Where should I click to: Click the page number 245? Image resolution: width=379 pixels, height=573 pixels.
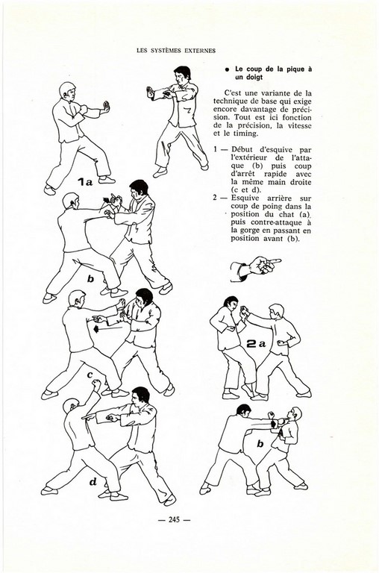[174, 519]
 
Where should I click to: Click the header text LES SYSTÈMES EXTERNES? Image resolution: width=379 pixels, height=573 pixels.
[176, 51]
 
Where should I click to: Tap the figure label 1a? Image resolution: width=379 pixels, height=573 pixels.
[84, 181]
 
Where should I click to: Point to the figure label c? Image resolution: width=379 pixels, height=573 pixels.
[90, 375]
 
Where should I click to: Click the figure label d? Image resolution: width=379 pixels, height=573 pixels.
[93, 482]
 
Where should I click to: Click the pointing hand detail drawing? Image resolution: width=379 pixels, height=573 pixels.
[255, 269]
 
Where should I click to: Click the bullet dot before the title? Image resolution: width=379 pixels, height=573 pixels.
[227, 69]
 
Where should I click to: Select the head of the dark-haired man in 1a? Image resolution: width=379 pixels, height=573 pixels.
[182, 75]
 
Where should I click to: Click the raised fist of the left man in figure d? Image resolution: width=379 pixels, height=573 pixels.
[96, 385]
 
